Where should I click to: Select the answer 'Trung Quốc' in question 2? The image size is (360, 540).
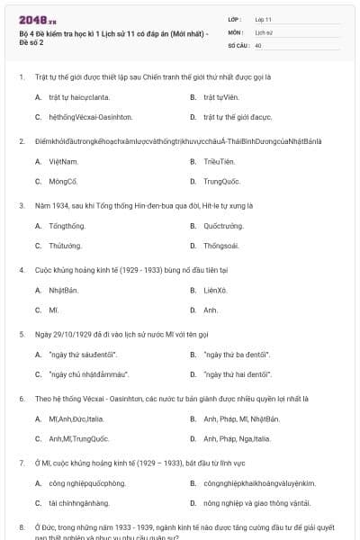[x=222, y=181]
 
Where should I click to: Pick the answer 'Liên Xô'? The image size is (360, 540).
[x=216, y=291]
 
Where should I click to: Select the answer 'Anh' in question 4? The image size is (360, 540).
[x=211, y=310]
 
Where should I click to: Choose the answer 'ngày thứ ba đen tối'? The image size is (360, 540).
[x=238, y=355]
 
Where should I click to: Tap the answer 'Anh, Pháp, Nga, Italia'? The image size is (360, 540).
[x=237, y=439]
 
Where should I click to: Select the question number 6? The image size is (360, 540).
[x=22, y=398]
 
